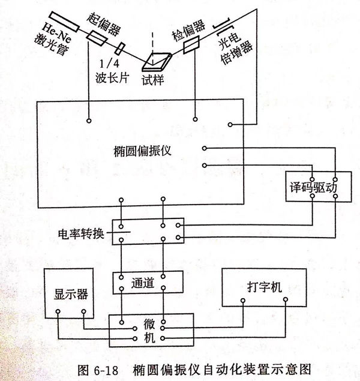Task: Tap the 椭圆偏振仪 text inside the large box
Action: click(142, 151)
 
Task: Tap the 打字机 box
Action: click(263, 287)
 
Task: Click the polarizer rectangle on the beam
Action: click(97, 38)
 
